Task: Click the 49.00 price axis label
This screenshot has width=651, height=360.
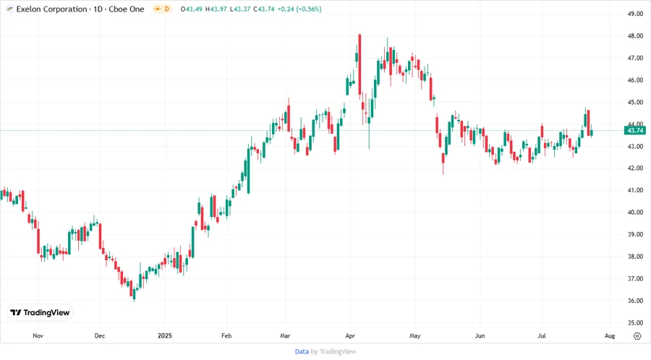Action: [x=636, y=14]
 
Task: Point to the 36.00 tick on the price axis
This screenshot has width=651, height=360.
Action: [x=636, y=301]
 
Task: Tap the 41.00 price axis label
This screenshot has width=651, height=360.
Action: [x=636, y=190]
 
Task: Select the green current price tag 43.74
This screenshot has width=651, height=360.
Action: [x=636, y=130]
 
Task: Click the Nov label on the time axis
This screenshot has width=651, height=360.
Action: [x=38, y=336]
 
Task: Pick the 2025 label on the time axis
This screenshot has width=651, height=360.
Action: [x=165, y=336]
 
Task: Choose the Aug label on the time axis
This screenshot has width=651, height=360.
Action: [x=609, y=336]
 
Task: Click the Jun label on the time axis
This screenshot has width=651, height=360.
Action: [x=479, y=336]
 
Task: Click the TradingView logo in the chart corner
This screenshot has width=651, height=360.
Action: [x=40, y=312]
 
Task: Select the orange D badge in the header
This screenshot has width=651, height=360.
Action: [x=166, y=9]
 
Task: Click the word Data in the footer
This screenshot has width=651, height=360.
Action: [x=302, y=351]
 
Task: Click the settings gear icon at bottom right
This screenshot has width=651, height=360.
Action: [x=637, y=336]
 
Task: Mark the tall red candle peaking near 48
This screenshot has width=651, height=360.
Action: [x=359, y=72]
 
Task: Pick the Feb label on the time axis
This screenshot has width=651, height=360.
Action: [x=226, y=336]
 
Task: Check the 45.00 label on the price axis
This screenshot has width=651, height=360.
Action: [x=636, y=102]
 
